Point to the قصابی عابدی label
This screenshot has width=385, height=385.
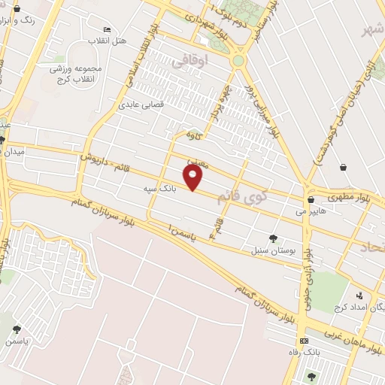138,105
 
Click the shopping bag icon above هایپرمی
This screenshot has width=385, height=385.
311,199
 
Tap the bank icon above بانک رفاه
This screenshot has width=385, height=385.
303,341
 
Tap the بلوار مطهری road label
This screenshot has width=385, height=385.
356,197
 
